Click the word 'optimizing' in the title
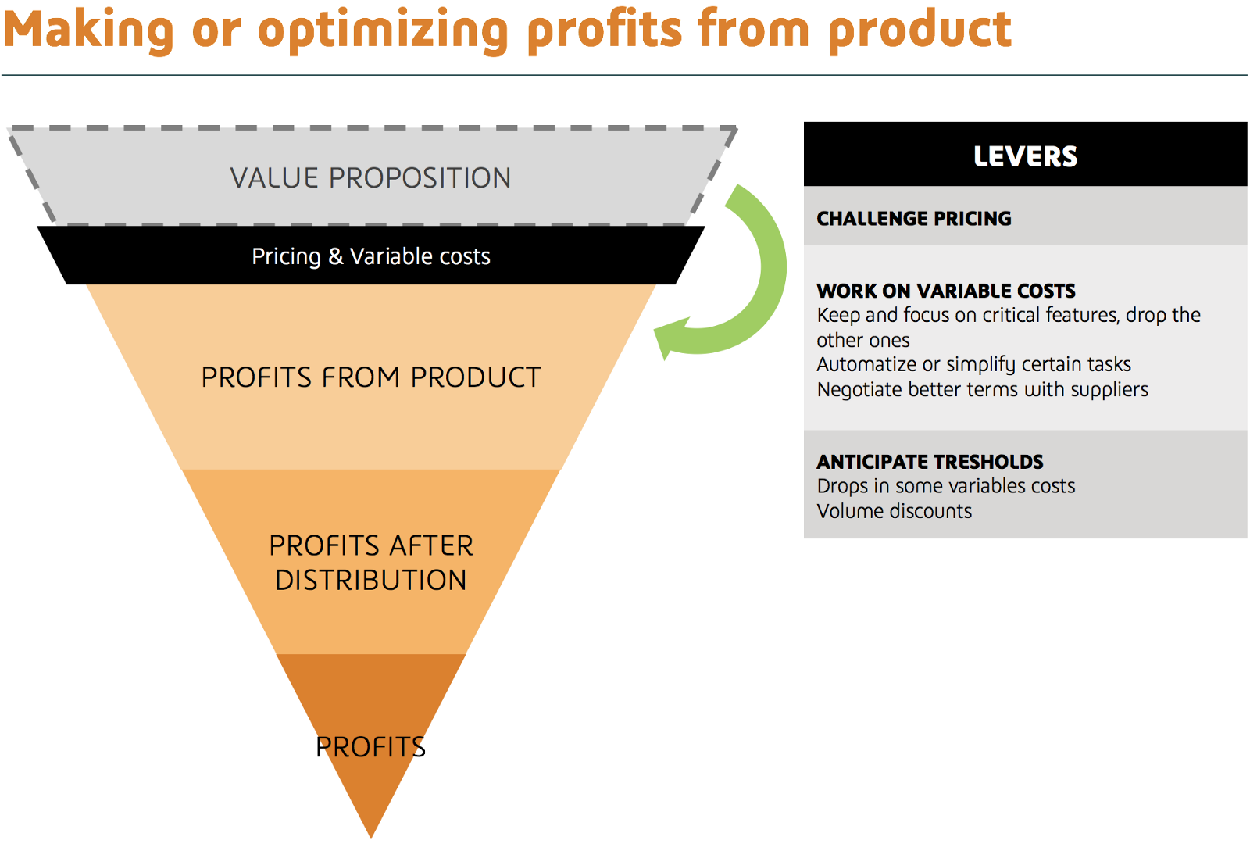point(383,30)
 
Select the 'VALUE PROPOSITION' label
point(370,178)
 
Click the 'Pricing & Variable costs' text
point(371,256)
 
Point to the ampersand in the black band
point(335,256)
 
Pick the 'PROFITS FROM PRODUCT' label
point(371,377)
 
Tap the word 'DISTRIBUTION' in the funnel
point(371,580)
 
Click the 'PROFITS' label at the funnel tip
point(370,746)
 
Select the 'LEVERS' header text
point(1026,156)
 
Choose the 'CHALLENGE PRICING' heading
point(914,219)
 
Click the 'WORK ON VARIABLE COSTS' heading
point(946,291)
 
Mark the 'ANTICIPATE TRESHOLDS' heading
point(930,462)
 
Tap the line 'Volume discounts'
point(894,511)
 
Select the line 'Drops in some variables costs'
point(946,486)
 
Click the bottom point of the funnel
point(371,838)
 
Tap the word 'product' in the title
point(920,30)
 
